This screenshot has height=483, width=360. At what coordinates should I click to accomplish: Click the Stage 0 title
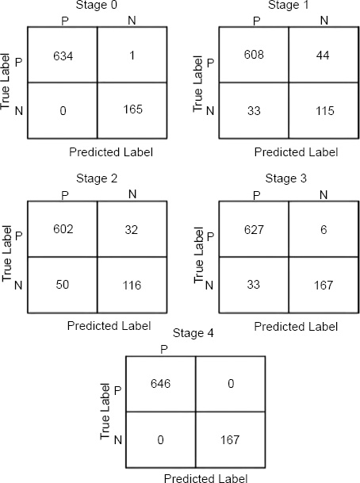[97, 5]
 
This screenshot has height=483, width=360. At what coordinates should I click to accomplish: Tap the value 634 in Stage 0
[63, 56]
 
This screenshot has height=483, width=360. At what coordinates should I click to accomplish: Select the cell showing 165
[132, 109]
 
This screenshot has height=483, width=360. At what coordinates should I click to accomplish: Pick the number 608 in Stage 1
[254, 55]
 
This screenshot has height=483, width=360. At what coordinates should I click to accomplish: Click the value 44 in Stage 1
[323, 56]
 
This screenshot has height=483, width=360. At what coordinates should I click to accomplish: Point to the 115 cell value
[325, 111]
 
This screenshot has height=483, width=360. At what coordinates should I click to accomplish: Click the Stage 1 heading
[289, 5]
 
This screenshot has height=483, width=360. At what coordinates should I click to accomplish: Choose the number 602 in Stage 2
[63, 229]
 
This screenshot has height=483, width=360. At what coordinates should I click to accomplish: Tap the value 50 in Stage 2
[63, 284]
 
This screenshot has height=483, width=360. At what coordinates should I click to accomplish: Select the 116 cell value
[132, 286]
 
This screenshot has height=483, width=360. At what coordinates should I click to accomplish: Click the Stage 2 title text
[97, 178]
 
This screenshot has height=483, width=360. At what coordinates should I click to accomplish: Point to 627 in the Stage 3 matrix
[254, 230]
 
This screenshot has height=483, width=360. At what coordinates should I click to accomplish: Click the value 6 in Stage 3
[324, 230]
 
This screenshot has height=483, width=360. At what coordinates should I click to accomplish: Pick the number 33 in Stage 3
[254, 284]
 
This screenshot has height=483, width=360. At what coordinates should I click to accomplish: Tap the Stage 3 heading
[286, 178]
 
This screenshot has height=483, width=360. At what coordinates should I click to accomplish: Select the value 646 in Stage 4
[160, 384]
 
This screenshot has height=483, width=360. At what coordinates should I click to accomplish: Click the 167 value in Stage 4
[230, 439]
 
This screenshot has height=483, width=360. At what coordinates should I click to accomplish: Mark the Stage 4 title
[193, 333]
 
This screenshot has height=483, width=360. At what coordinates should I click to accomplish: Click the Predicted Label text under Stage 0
[111, 152]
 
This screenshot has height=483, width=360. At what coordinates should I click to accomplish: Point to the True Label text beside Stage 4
[105, 412]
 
